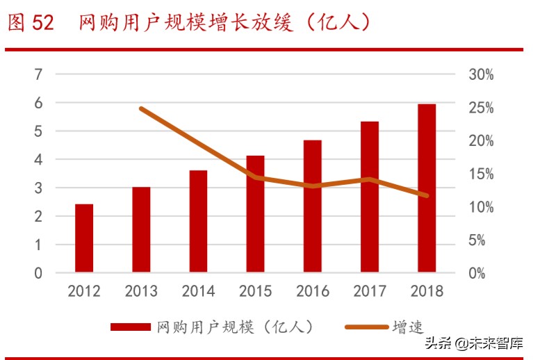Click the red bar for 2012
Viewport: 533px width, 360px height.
point(84,238)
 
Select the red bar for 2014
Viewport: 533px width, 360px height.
point(198,221)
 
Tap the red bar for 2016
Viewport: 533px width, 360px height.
point(312,206)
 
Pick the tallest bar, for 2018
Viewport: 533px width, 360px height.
point(426,188)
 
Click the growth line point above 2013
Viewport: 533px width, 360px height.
point(141,108)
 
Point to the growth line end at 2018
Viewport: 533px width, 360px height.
point(427,195)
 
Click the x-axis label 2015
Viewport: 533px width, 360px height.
point(255,291)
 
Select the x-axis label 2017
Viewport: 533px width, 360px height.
point(369,291)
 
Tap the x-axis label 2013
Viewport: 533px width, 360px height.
point(141,291)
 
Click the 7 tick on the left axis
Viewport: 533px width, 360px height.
point(39,74)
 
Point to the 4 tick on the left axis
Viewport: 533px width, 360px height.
point(39,160)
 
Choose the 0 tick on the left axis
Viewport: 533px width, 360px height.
point(39,273)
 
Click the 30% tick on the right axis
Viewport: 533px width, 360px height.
point(479,74)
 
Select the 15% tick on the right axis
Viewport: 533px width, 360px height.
point(479,174)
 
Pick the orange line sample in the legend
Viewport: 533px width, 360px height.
point(366,327)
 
